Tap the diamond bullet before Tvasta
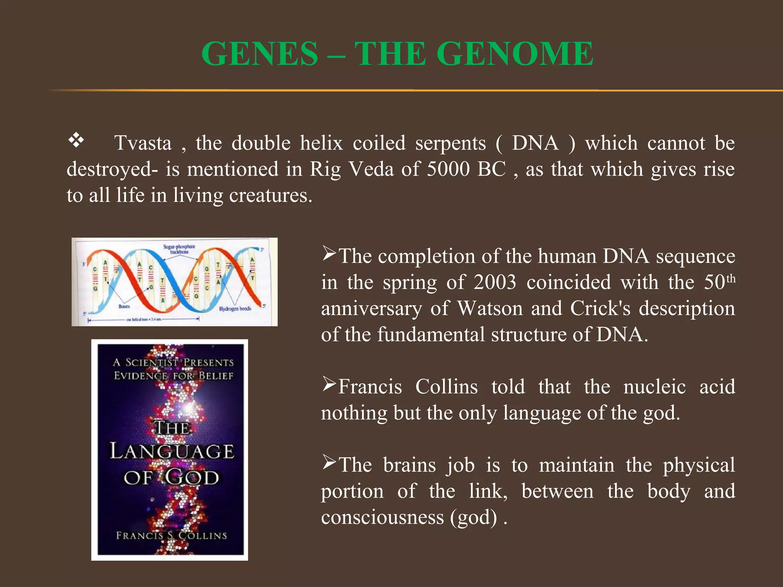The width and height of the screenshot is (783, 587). coord(76,140)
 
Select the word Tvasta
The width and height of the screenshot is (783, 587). coord(143,143)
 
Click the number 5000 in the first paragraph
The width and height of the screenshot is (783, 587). coord(448,169)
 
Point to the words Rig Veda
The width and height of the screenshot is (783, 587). coord(351,169)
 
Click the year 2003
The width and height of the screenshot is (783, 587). coord(495,282)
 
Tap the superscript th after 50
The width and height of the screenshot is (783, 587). coord(731,278)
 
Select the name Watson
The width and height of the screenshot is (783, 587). coord(490,308)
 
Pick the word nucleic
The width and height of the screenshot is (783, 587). coord(655,387)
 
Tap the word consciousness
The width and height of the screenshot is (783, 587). coord(382,517)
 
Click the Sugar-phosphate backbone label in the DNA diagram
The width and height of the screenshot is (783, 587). coord(179,249)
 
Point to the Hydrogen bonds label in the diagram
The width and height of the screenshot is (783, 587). coord(235,308)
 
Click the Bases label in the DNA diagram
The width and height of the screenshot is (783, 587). coord(124,306)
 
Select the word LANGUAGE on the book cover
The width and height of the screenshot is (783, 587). coord(172,451)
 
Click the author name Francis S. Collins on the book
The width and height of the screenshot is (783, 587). coord(171,535)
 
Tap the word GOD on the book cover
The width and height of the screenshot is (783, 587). coord(192,478)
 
